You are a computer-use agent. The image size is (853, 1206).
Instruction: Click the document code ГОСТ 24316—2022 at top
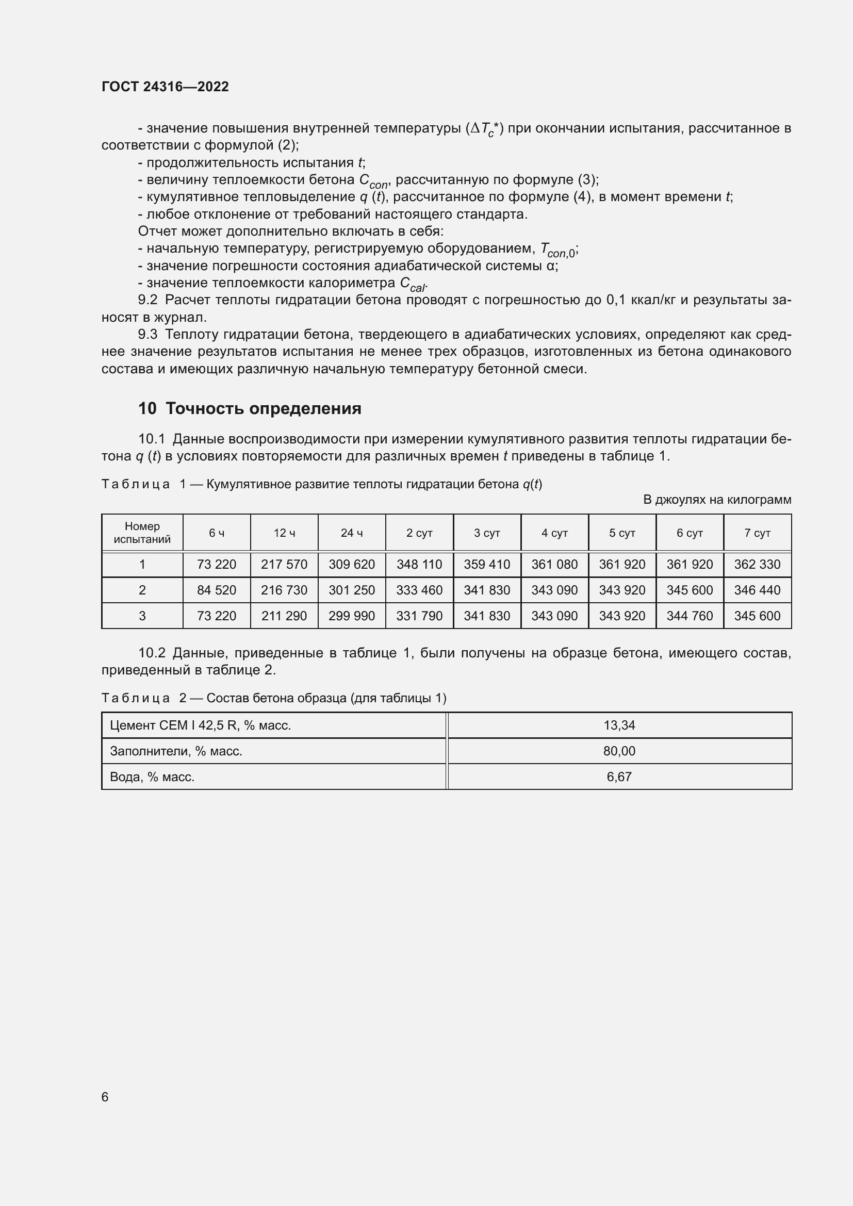165,87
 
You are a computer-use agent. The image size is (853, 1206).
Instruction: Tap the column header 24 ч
351,533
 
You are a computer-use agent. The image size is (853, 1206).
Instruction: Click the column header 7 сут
757,533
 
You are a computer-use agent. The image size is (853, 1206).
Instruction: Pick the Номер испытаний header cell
142,533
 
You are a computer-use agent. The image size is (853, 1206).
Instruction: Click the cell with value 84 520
217,590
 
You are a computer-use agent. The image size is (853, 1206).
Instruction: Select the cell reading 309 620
351,565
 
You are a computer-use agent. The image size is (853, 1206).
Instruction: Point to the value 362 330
757,565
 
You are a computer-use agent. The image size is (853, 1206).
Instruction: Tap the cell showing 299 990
351,616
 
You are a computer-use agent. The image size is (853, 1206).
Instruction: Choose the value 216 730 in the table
284,590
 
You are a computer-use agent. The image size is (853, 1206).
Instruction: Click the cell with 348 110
419,565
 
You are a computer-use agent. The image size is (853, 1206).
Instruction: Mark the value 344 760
690,616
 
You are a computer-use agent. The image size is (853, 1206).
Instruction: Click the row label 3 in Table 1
142,616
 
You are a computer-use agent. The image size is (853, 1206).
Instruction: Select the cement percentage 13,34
619,725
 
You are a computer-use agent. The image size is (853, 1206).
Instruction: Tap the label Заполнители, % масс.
176,751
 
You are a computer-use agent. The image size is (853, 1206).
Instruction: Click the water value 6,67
619,777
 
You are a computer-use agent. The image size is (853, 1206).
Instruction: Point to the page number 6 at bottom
105,1097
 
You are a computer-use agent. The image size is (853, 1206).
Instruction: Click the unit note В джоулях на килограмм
717,500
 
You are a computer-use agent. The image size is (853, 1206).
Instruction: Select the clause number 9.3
147,335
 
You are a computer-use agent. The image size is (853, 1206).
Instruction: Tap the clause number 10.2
151,653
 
